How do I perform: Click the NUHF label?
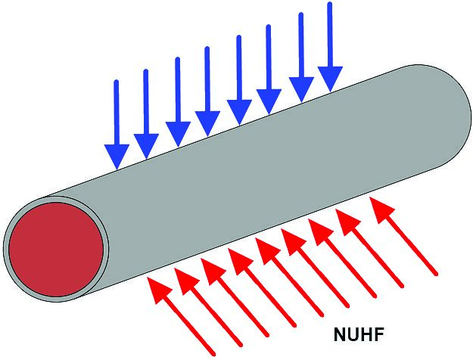[359, 334]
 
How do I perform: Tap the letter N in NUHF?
[340, 334]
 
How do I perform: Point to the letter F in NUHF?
[379, 334]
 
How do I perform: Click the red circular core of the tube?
[56, 249]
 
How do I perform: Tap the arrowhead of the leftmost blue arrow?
[117, 157]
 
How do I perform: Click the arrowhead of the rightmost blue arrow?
[330, 79]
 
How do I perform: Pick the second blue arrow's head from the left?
[146, 146]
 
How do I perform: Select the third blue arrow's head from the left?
[178, 134]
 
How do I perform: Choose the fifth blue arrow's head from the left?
[239, 112]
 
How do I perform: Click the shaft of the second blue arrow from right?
[301, 45]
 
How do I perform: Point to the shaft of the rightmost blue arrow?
[330, 34]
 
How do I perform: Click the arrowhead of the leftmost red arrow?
[159, 290]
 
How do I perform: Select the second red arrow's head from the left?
[186, 281]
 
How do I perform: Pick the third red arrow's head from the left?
[213, 272]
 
